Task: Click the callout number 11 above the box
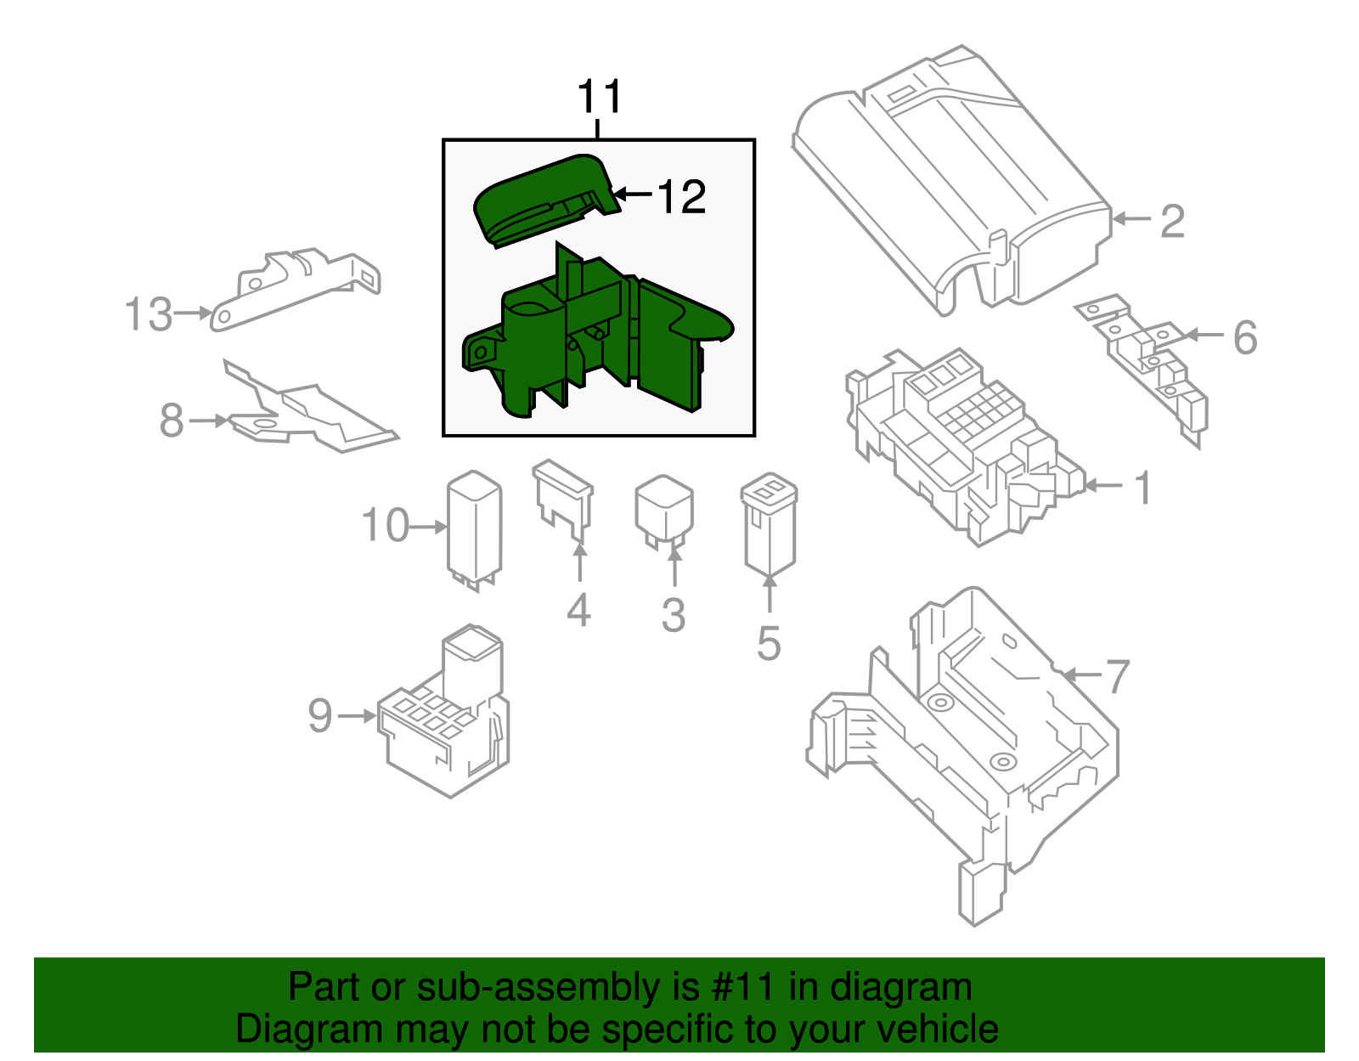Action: click(600, 98)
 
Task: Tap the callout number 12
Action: click(681, 197)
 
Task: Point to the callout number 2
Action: click(1172, 221)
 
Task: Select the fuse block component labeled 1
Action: click(960, 442)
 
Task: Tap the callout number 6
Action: click(1245, 337)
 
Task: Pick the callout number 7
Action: click(1118, 676)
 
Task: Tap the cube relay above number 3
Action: click(664, 510)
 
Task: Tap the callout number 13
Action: click(148, 314)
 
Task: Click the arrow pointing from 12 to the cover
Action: click(633, 195)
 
